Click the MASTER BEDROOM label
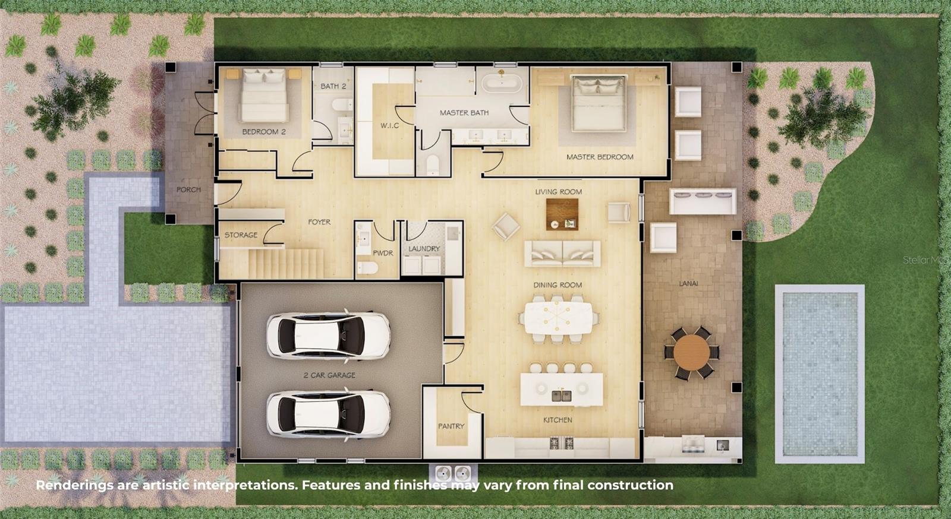click(x=599, y=157)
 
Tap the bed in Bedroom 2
click(x=264, y=96)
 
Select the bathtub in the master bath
click(x=502, y=83)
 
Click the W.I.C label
click(x=390, y=125)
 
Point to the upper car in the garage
click(x=328, y=336)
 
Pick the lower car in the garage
click(x=328, y=414)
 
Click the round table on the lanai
click(x=691, y=352)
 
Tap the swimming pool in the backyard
click(x=820, y=374)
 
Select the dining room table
click(x=558, y=318)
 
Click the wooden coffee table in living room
click(x=562, y=214)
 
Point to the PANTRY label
click(x=451, y=426)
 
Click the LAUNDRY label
click(x=424, y=248)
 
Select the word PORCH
click(x=188, y=189)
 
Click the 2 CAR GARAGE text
click(x=329, y=375)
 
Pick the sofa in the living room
click(x=562, y=254)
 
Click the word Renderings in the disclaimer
click(x=74, y=485)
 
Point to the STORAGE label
click(x=241, y=235)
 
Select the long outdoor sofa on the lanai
click(x=703, y=201)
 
